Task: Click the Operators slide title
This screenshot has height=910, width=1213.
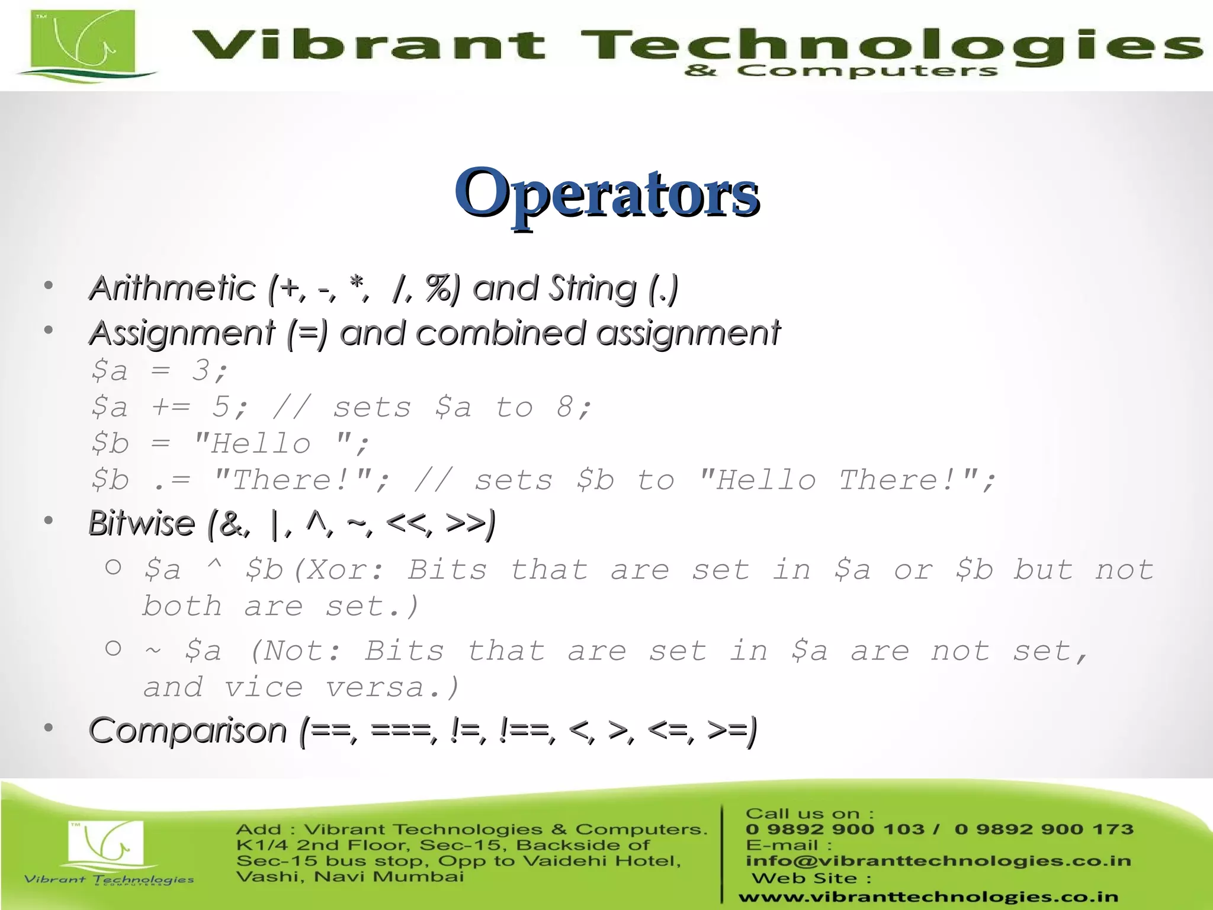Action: click(x=606, y=193)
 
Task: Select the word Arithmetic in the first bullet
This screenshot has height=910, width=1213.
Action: click(x=172, y=289)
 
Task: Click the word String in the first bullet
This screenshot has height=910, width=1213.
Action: click(x=592, y=289)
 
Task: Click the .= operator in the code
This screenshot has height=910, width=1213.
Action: click(x=172, y=480)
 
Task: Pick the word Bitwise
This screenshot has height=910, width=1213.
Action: click(x=142, y=523)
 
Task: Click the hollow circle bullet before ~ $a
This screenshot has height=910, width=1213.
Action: click(x=113, y=648)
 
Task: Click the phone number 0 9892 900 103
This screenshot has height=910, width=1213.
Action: click(x=835, y=829)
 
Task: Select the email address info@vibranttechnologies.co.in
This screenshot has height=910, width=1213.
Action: click(x=938, y=860)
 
